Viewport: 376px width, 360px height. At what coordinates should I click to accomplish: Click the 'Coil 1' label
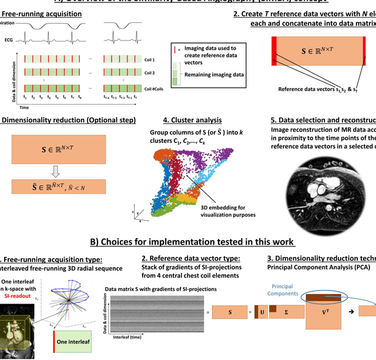(x=150, y=59)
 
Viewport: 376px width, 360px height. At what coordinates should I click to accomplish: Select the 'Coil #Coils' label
(x=153, y=89)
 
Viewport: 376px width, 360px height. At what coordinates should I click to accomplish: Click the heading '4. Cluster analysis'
(x=193, y=120)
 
